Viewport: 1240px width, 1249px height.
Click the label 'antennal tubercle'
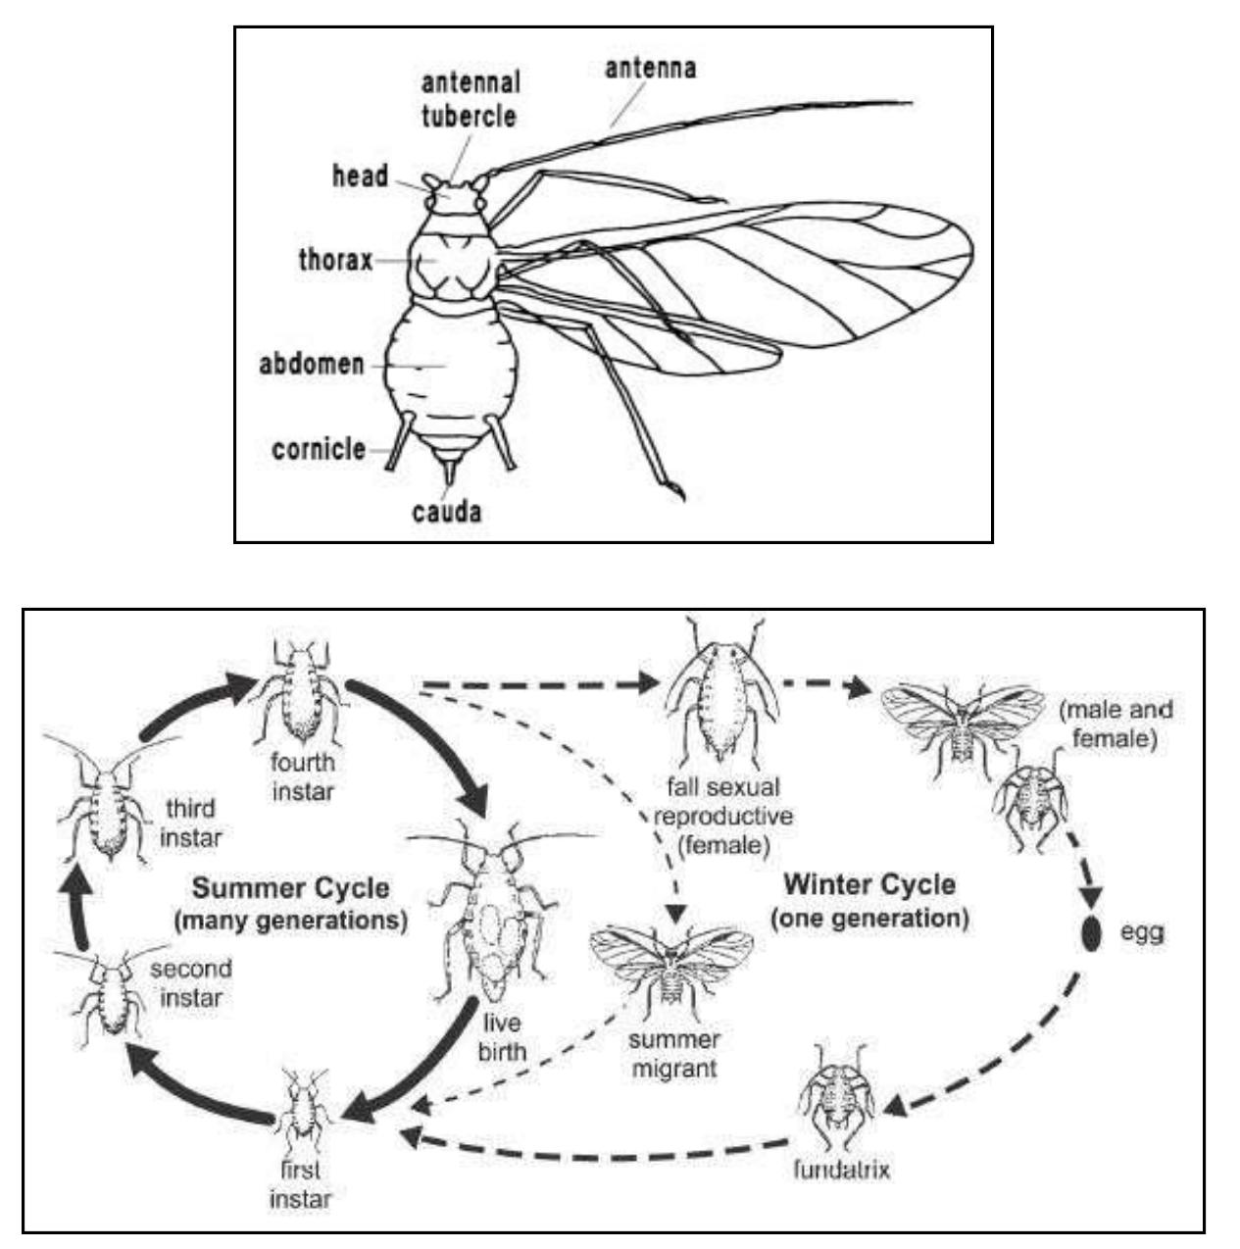point(470,98)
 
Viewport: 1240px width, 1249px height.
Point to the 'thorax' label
point(335,261)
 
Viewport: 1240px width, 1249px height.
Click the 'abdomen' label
point(312,365)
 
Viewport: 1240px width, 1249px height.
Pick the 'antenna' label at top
point(650,69)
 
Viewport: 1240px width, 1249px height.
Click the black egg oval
point(1090,932)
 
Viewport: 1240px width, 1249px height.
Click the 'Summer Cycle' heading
point(290,889)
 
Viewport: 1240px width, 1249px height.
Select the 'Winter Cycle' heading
point(869,885)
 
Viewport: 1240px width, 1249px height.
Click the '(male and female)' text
point(1115,723)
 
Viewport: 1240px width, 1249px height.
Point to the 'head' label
point(360,177)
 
